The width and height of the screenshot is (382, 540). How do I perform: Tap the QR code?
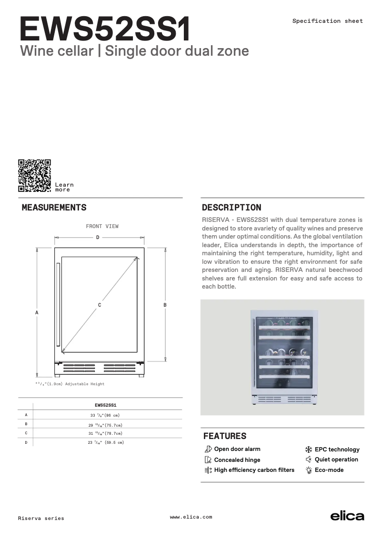[34, 176]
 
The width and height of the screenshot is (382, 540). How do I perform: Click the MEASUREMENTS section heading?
[54, 208]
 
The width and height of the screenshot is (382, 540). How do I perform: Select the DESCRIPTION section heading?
[231, 208]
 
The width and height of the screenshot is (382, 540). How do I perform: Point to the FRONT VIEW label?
[102, 226]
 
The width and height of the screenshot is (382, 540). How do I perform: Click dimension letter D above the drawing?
[98, 237]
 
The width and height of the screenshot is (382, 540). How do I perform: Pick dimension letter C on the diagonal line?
[100, 304]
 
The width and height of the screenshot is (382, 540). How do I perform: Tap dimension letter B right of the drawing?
[165, 304]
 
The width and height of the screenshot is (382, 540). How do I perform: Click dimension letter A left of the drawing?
[37, 312]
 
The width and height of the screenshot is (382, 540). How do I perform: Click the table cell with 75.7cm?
[105, 424]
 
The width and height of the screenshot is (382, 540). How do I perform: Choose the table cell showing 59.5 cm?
[105, 442]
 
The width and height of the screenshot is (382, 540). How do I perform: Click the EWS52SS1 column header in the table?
[105, 405]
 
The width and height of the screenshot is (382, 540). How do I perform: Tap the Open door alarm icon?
[208, 449]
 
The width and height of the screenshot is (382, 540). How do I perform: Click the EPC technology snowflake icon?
[308, 449]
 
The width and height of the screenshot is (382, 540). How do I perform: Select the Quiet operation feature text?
[336, 460]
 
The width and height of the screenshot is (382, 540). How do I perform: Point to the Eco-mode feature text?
[329, 470]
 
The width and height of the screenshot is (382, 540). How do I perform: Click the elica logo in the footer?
[347, 516]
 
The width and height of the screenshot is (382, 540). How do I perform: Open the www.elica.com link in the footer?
[191, 517]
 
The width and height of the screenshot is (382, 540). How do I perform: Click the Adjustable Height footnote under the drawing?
[70, 384]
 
